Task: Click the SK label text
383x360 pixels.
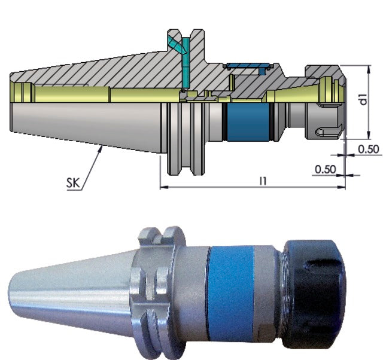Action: click(73, 182)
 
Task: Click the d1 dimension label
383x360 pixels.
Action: click(364, 99)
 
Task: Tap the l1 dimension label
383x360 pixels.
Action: click(263, 181)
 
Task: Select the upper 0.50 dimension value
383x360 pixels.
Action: click(369, 149)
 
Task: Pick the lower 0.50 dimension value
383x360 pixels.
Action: click(326, 169)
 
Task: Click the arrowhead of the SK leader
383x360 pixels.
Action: click(101, 148)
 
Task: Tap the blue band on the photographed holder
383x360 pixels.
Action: click(231, 293)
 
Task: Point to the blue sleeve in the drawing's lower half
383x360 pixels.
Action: click(247, 122)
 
